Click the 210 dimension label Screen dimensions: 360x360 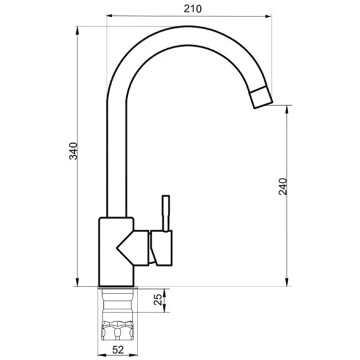(x=193, y=9)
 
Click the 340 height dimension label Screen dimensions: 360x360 (x=74, y=151)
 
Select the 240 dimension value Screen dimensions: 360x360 (x=283, y=186)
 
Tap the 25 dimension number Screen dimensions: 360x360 (x=158, y=299)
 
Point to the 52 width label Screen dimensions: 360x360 (x=118, y=350)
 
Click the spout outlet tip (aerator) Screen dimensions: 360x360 (x=261, y=98)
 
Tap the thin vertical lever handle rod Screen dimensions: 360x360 (x=166, y=214)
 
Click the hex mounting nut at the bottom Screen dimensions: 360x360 (x=118, y=330)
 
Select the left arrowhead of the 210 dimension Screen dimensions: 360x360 (x=110, y=16)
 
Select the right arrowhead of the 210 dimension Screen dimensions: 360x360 (x=268, y=16)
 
